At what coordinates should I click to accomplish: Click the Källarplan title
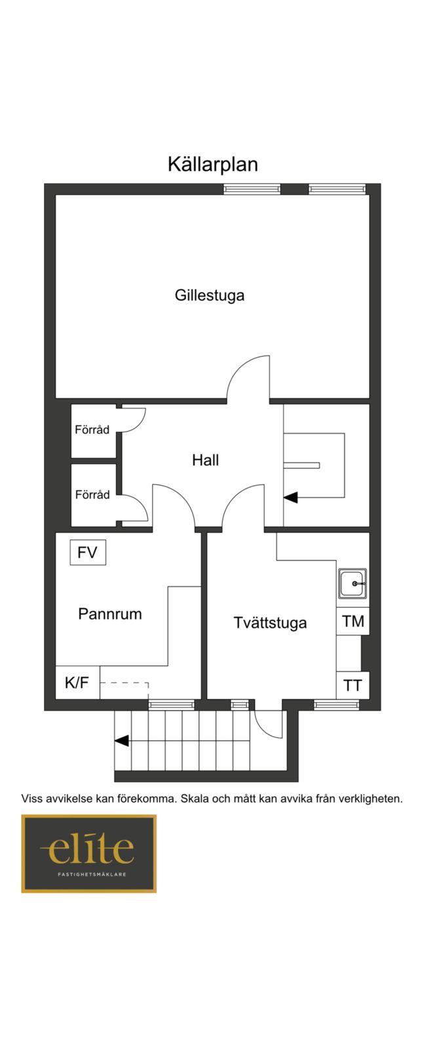pyautogui.click(x=212, y=165)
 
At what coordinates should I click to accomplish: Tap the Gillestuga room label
pyautogui.click(x=210, y=295)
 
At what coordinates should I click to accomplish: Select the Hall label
pyautogui.click(x=206, y=460)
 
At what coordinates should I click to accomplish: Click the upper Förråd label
pyautogui.click(x=92, y=429)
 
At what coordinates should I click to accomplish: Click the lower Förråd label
pyautogui.click(x=92, y=495)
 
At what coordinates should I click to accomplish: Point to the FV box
pyautogui.click(x=88, y=552)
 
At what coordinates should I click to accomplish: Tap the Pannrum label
pyautogui.click(x=110, y=614)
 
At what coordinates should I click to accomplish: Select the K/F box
pyautogui.click(x=78, y=682)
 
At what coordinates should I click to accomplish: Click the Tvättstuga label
pyautogui.click(x=270, y=623)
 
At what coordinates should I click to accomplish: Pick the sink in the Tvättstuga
pyautogui.click(x=353, y=583)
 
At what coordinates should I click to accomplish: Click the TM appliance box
pyautogui.click(x=353, y=621)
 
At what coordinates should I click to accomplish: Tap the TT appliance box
pyautogui.click(x=353, y=685)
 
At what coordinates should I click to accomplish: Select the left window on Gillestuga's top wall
pyautogui.click(x=252, y=189)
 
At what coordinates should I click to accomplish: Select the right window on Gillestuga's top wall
pyautogui.click(x=336, y=189)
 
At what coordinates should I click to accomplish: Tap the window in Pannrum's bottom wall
pyautogui.click(x=171, y=704)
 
